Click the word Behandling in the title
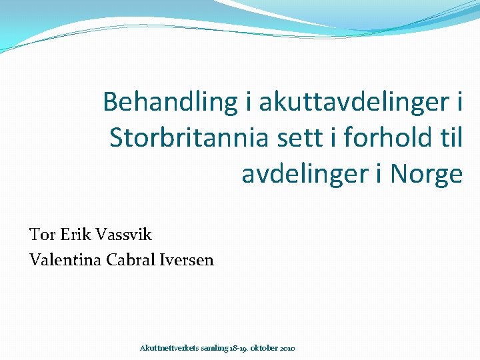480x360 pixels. tap(169, 102)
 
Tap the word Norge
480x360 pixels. tap(427, 174)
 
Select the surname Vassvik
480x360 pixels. tap(124, 235)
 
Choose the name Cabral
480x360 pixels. tap(129, 260)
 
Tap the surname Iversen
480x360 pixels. tap(187, 260)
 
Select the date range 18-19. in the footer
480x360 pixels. tap(239, 349)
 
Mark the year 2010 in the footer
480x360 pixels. tap(289, 349)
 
